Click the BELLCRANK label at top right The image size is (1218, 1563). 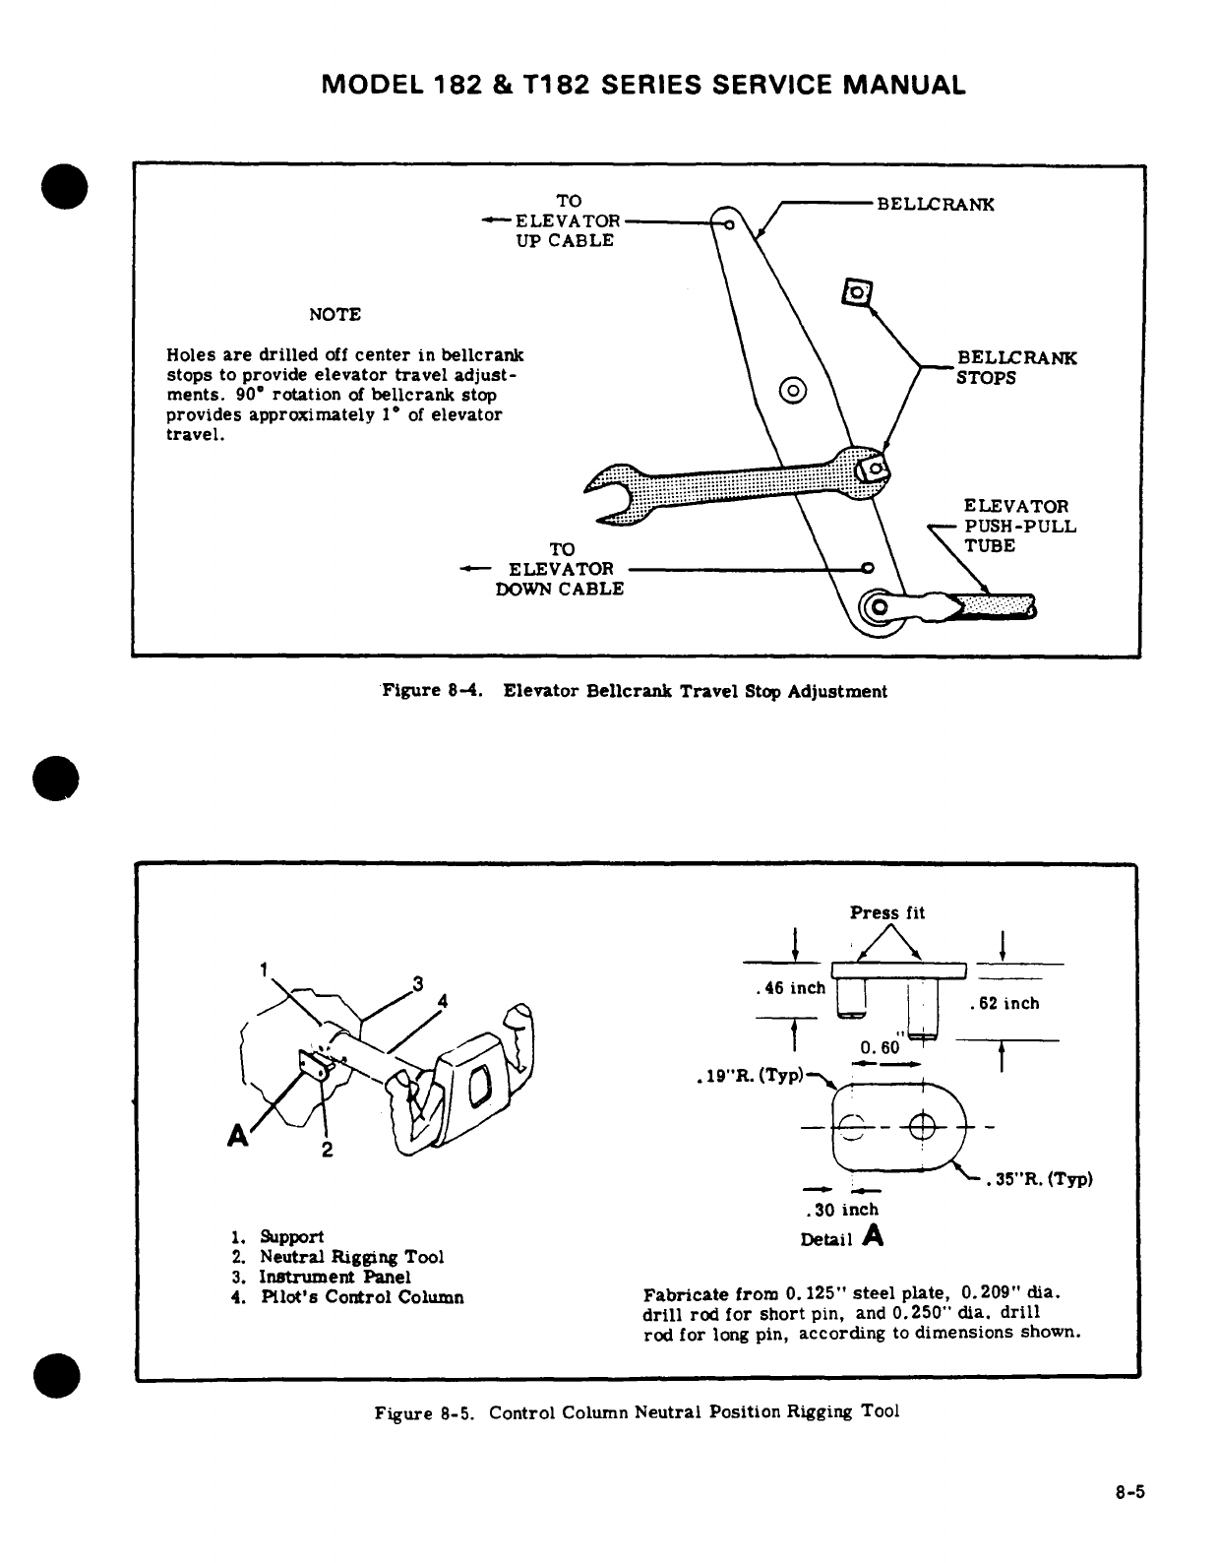coord(935,205)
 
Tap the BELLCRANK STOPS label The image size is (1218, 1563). coord(1016,367)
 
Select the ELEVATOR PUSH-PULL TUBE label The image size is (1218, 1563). coord(1019,526)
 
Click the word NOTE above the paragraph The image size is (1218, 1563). coord(335,315)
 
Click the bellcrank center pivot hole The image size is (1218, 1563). coord(793,389)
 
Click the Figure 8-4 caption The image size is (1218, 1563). coord(634,692)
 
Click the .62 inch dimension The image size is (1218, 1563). coord(1004,1004)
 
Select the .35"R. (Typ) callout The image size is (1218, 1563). coord(1041,1179)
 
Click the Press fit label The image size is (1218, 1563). coord(887,912)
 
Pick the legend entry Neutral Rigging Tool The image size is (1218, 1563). coord(350,1257)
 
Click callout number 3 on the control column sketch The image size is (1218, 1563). coord(417,983)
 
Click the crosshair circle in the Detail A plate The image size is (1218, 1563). coord(924,1125)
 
